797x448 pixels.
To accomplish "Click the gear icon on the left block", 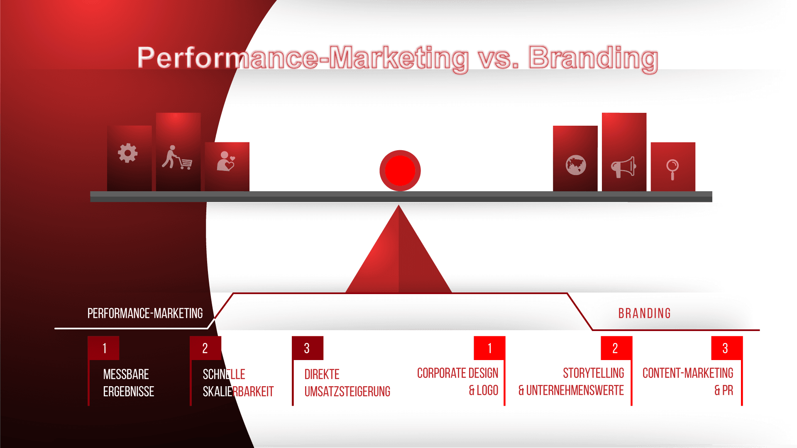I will tap(128, 153).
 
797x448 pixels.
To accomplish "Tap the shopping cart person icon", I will tap(177, 158).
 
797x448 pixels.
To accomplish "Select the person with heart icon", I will tap(225, 161).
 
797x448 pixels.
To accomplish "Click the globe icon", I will tap(576, 165).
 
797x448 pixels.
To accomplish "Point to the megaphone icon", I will tap(623, 167).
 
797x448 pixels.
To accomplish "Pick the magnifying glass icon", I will tap(672, 169).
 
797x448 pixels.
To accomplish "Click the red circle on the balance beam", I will tap(400, 170).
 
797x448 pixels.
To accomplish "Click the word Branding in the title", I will tap(594, 58).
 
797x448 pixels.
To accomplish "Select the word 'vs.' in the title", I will tap(498, 58).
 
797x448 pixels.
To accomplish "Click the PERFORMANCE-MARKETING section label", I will tap(145, 313).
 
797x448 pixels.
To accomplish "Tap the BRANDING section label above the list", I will tap(645, 313).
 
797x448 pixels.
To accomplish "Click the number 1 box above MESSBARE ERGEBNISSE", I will tap(104, 348).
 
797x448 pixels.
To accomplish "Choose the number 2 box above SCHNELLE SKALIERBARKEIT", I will tap(205, 348).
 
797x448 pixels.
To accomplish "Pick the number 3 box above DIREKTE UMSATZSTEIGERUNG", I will tap(307, 348).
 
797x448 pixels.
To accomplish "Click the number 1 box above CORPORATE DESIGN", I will tap(489, 348).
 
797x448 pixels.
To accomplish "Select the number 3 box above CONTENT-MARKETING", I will tap(725, 348).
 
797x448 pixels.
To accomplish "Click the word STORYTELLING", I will tap(593, 373).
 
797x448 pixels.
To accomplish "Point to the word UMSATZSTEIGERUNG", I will tap(347, 391).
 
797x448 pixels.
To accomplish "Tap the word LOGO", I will tap(487, 390).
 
